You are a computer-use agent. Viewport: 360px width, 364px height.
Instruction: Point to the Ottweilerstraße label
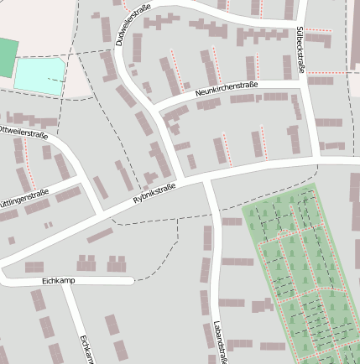click(23, 132)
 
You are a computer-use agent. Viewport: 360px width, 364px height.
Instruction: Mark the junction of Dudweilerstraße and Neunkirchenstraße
click(157, 108)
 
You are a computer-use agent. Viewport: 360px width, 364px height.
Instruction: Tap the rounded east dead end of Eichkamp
click(130, 280)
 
